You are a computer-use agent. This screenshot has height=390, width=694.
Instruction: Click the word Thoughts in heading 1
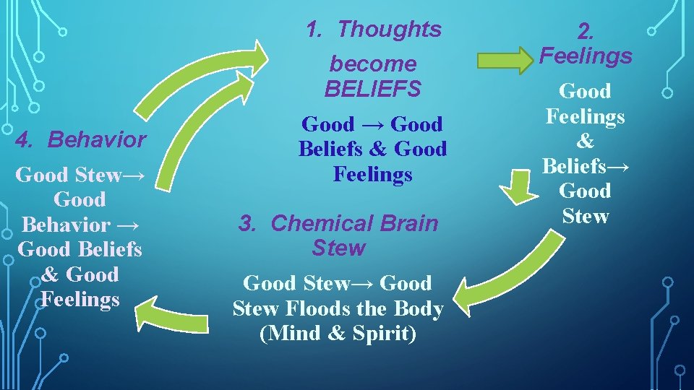[x=389, y=30]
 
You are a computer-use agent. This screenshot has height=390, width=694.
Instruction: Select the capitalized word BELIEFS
[x=372, y=89]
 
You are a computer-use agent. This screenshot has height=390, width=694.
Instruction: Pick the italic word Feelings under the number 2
[x=586, y=56]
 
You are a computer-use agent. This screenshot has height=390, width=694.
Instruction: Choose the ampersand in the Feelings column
[x=585, y=141]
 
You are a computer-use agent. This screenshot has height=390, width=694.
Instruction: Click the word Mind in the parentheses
[x=294, y=334]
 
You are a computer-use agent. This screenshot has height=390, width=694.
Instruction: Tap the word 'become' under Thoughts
[x=372, y=64]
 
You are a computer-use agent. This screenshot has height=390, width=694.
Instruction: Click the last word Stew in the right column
[x=585, y=216]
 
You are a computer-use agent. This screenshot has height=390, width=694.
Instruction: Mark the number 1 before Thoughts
[x=313, y=30]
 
